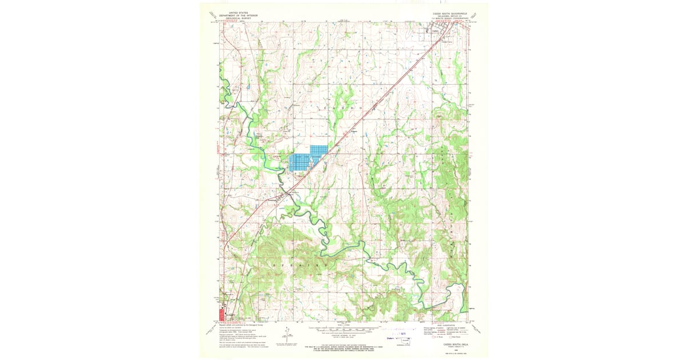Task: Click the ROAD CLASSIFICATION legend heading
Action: pos(444,323)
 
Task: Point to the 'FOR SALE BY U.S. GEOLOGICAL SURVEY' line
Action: pos(343,347)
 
